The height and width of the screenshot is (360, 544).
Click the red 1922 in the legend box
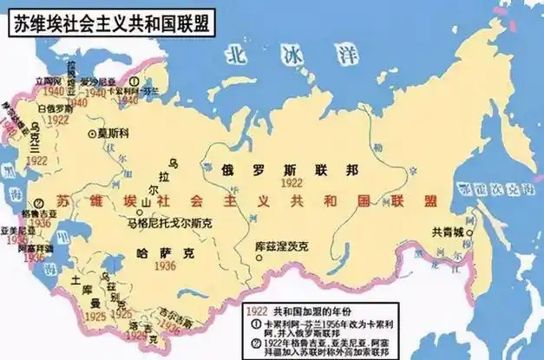click(x=257, y=310)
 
